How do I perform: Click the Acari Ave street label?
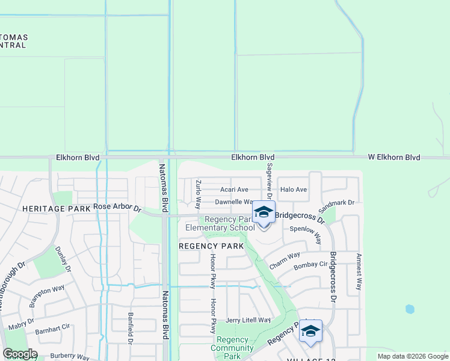[234, 190]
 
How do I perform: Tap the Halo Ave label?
[294, 190]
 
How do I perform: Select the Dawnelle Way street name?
[233, 203]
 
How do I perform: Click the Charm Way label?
[285, 260]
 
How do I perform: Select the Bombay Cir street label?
[310, 264]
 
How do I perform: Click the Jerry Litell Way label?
[248, 320]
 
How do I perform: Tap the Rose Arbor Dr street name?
[117, 208]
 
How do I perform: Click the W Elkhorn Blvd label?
[394, 158]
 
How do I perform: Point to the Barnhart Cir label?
[53, 331]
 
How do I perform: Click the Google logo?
[20, 354]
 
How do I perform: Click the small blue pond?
[410, 309]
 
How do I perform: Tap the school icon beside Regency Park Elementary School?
[264, 212]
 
